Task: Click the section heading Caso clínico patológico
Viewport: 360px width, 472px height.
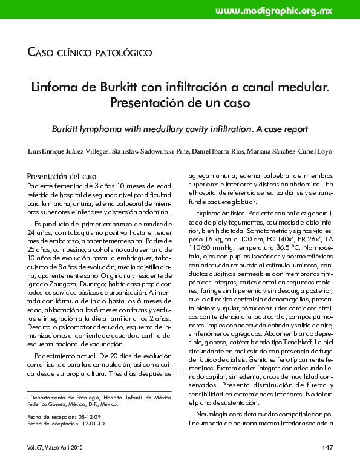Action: tap(90, 53)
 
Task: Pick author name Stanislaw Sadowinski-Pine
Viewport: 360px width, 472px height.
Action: tap(152, 150)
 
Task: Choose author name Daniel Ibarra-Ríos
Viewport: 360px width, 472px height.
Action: tap(229, 150)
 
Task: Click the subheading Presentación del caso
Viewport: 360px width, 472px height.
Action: tap(64, 176)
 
